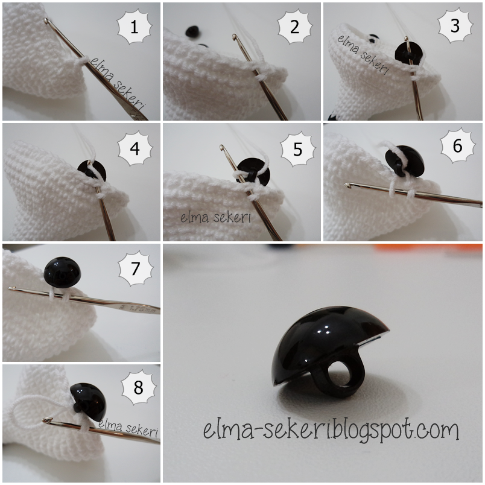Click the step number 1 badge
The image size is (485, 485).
135,27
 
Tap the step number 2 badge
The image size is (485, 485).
295,27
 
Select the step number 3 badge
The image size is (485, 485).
455,26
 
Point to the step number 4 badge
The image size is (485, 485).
135,148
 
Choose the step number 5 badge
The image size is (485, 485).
298,150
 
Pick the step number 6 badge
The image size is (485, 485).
458,145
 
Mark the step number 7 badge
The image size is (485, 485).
136,268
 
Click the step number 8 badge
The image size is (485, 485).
139,387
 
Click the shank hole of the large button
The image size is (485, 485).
341,374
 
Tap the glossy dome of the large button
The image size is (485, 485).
325,337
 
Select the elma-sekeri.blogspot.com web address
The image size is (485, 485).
331,430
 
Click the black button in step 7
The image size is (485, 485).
63,272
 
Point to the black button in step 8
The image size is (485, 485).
89,402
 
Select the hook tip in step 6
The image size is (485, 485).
347,185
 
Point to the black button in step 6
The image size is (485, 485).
405,161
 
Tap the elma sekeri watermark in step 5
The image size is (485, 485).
215,217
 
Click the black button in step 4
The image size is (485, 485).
92,171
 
